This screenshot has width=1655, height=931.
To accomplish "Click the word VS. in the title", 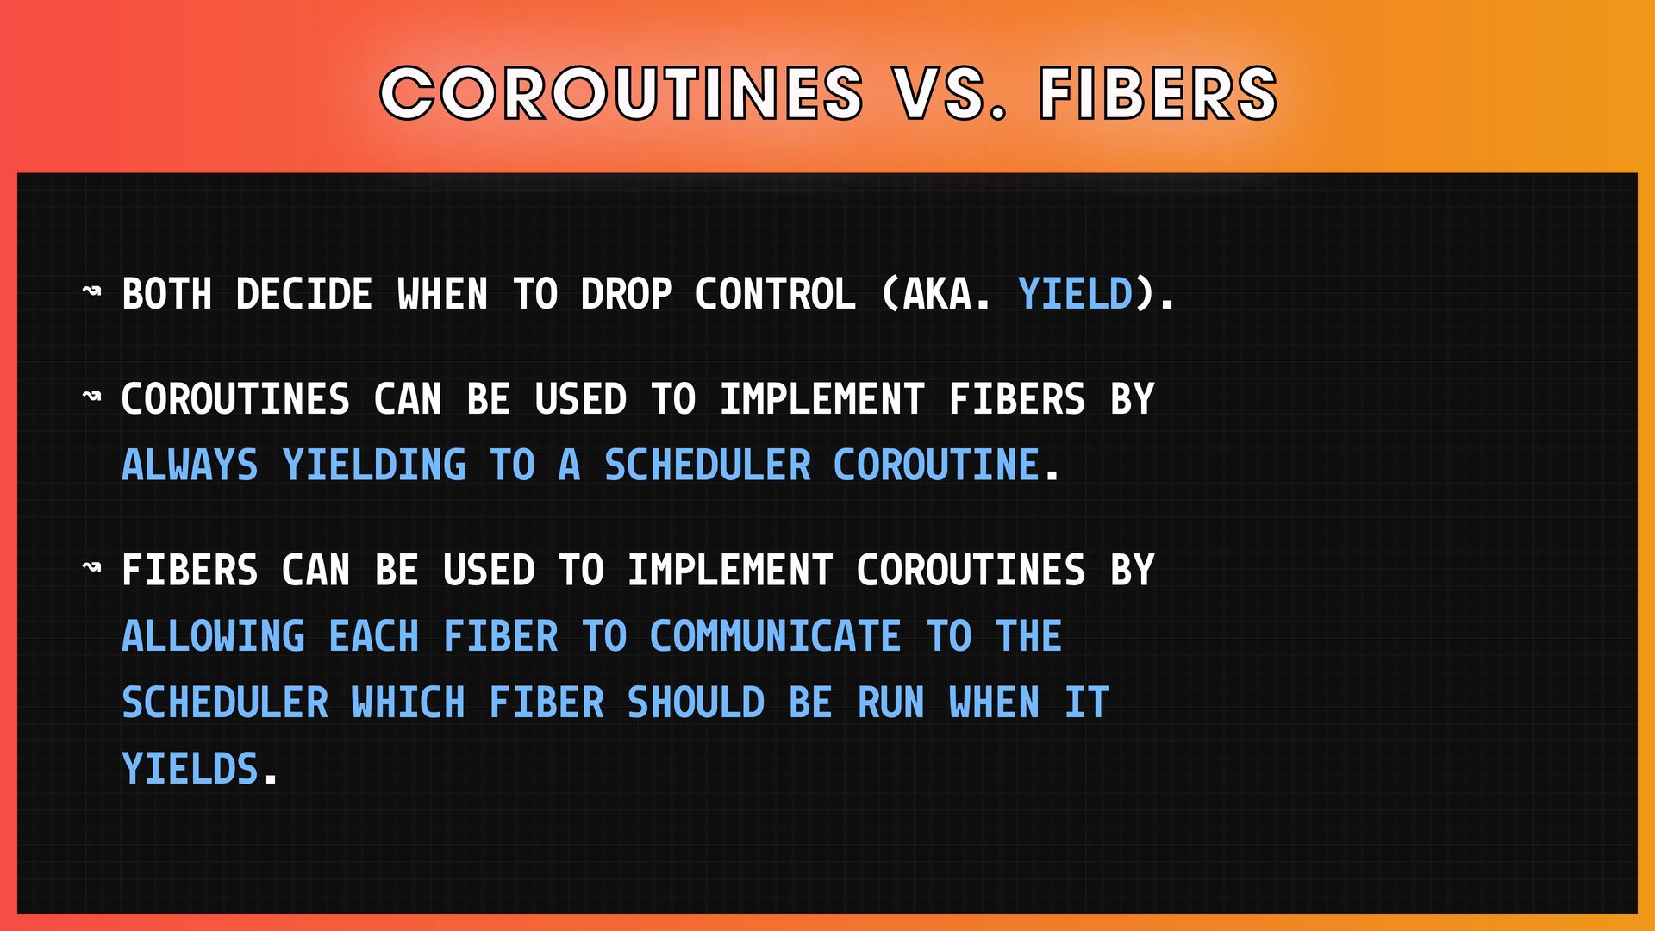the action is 950,93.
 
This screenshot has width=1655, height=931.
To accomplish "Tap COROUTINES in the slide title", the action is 621,93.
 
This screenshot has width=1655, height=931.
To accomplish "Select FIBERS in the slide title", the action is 1158,93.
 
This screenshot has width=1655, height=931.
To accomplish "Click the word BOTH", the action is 166,294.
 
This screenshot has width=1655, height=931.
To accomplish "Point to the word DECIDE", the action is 303,294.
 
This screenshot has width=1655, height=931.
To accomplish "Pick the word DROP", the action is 626,294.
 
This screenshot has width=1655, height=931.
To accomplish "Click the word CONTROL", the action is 775,294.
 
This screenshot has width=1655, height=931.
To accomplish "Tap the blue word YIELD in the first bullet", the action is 1075,294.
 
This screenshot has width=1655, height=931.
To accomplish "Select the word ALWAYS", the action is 190,465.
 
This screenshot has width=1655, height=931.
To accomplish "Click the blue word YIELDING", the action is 374,465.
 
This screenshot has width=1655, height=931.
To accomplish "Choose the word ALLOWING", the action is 213,636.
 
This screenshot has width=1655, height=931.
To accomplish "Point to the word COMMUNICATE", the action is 775,636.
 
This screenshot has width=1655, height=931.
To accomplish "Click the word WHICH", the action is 408,703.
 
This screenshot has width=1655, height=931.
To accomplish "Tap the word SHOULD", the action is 696,703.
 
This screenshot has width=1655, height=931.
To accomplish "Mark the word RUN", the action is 890,703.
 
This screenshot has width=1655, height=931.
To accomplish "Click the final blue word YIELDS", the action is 190,769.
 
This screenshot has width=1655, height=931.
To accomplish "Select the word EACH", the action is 373,636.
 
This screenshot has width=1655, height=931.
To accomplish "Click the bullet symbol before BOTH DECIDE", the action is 91,291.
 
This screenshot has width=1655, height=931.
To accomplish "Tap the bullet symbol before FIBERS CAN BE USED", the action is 91,567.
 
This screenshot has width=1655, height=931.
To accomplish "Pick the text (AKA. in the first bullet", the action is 936,294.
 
